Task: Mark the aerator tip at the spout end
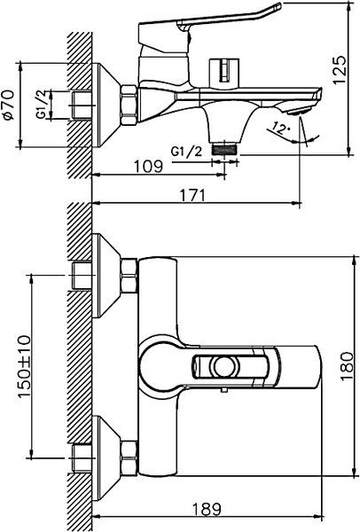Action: coord(304,108)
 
